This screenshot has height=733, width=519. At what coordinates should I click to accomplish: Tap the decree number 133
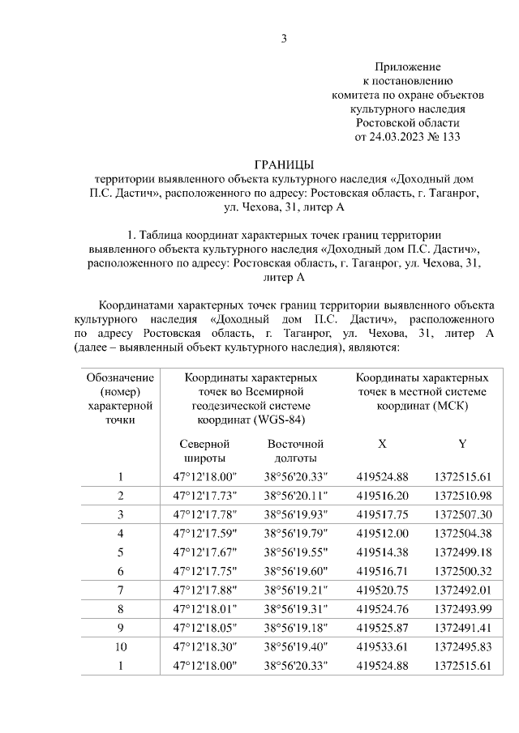(x=449, y=137)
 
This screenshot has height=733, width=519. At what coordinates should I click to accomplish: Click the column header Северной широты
(x=204, y=450)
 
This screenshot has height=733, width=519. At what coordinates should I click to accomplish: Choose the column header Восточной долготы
(x=295, y=450)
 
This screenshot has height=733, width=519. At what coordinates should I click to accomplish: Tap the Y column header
(x=462, y=444)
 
